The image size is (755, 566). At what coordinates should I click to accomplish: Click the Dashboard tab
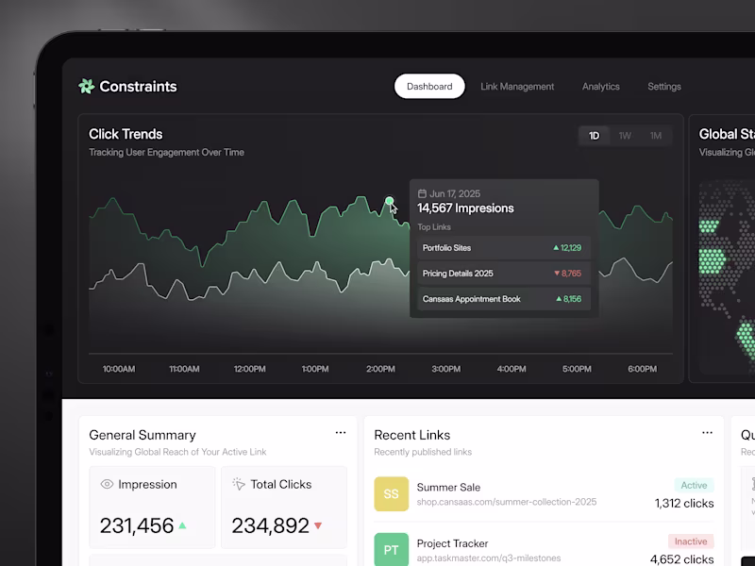pos(429,87)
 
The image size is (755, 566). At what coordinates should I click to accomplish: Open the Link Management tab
pos(517,87)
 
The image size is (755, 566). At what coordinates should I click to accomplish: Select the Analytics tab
pos(601,87)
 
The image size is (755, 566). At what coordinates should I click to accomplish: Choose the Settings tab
pos(664,87)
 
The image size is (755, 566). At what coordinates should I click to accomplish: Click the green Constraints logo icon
pos(87,87)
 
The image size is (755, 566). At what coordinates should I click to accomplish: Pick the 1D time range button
pos(595,136)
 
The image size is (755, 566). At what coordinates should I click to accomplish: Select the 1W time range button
pos(625,136)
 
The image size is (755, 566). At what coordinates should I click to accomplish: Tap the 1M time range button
pos(656,136)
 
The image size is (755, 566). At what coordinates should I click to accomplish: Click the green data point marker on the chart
pos(389,201)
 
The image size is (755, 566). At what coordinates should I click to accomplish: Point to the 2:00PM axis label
pos(380,369)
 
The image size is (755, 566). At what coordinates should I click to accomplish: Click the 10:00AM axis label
pos(119,369)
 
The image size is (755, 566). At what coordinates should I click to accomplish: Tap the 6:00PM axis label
pos(642,369)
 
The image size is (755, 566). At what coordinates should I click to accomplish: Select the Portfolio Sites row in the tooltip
pos(503,248)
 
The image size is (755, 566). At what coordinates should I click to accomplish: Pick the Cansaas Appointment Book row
pos(503,299)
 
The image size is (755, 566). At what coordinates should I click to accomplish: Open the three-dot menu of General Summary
pos(341,433)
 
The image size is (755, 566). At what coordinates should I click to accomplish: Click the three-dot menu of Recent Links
pos(707,433)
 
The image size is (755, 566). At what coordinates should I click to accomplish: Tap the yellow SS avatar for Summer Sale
pos(391,494)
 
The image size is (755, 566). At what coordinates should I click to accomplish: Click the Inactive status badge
pos(691,541)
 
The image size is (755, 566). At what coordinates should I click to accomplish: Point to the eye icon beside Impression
pos(107,484)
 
